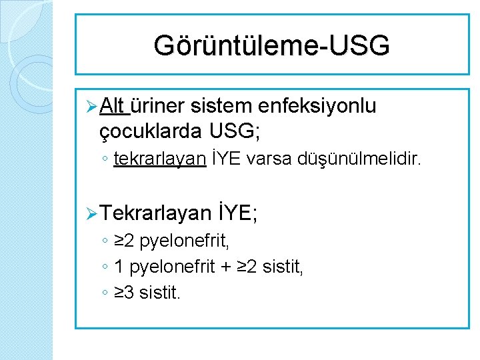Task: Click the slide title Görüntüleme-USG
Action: (271, 46)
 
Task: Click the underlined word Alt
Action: (115, 106)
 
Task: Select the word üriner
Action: (157, 106)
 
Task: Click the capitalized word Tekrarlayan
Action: (157, 213)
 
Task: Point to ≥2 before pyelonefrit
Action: (125, 242)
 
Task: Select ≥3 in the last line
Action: (125, 292)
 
